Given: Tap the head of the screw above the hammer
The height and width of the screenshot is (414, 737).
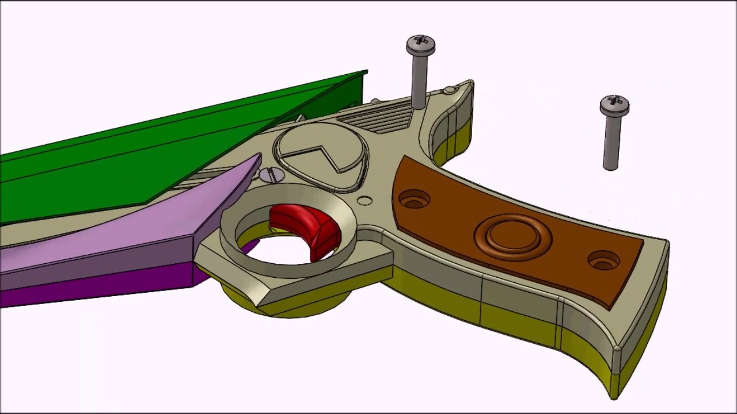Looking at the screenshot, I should (x=421, y=44).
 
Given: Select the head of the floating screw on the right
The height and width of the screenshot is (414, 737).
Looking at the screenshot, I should (x=614, y=105).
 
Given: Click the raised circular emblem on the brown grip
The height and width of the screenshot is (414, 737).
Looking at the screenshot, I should (x=512, y=235).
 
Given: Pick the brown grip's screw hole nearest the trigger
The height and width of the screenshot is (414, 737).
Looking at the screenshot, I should (x=414, y=200).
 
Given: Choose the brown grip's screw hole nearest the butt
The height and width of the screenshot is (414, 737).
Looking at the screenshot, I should (x=603, y=260).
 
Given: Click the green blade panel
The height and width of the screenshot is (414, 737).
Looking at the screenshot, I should (x=144, y=161).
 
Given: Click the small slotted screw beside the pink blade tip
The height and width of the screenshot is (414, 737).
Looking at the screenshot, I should (x=272, y=175).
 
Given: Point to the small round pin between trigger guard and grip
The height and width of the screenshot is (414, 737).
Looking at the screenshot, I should (x=364, y=201).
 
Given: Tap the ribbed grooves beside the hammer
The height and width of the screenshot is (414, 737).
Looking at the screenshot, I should (x=377, y=117).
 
